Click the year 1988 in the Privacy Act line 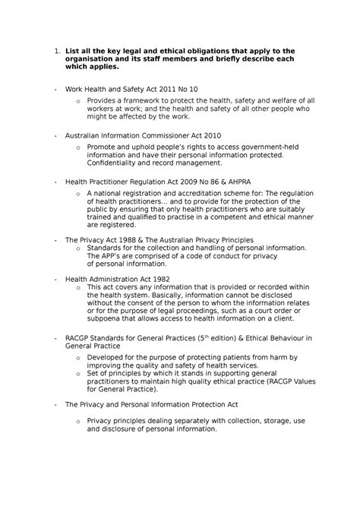pyautogui.click(x=134, y=239)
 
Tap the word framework pyautogui.click(x=150, y=100)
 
